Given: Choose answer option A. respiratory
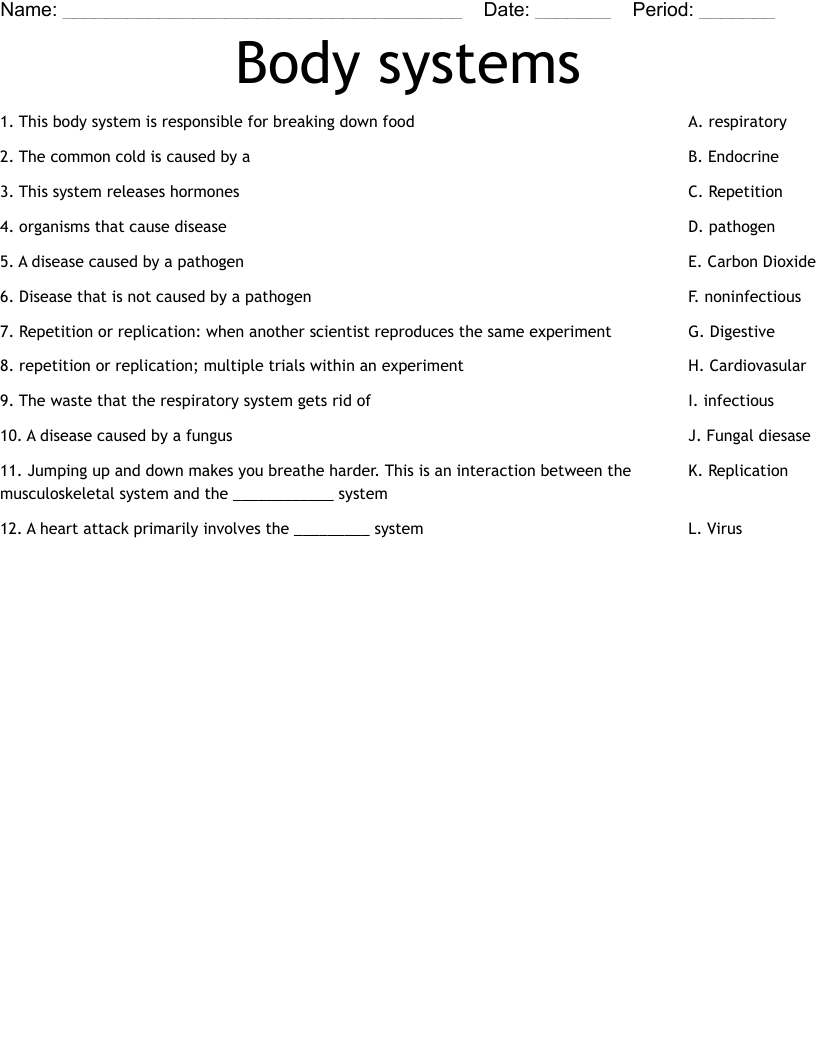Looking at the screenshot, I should pyautogui.click(x=737, y=122).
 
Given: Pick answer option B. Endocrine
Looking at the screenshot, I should pyautogui.click(x=733, y=157).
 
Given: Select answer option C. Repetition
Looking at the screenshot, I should pyautogui.click(x=735, y=192).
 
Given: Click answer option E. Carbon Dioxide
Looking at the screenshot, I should pyautogui.click(x=751, y=262).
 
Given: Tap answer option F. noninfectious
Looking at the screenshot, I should pyautogui.click(x=744, y=297).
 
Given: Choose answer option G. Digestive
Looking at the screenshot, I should pyautogui.click(x=731, y=332).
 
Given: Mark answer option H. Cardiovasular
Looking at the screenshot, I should pyautogui.click(x=746, y=366).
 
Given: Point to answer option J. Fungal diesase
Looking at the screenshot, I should pyautogui.click(x=749, y=436).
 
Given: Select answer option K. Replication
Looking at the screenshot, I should pyautogui.click(x=738, y=471).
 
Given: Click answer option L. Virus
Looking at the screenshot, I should pyautogui.click(x=715, y=529).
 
